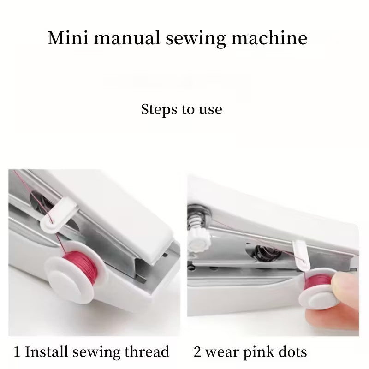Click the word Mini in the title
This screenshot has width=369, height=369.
click(x=66, y=38)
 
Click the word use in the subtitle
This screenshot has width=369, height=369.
click(x=210, y=110)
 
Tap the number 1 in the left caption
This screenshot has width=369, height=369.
click(x=17, y=352)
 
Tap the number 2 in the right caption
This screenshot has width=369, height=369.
click(x=197, y=352)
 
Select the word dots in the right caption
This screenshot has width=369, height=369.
click(x=292, y=352)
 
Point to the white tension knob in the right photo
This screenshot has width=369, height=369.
click(x=198, y=238)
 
